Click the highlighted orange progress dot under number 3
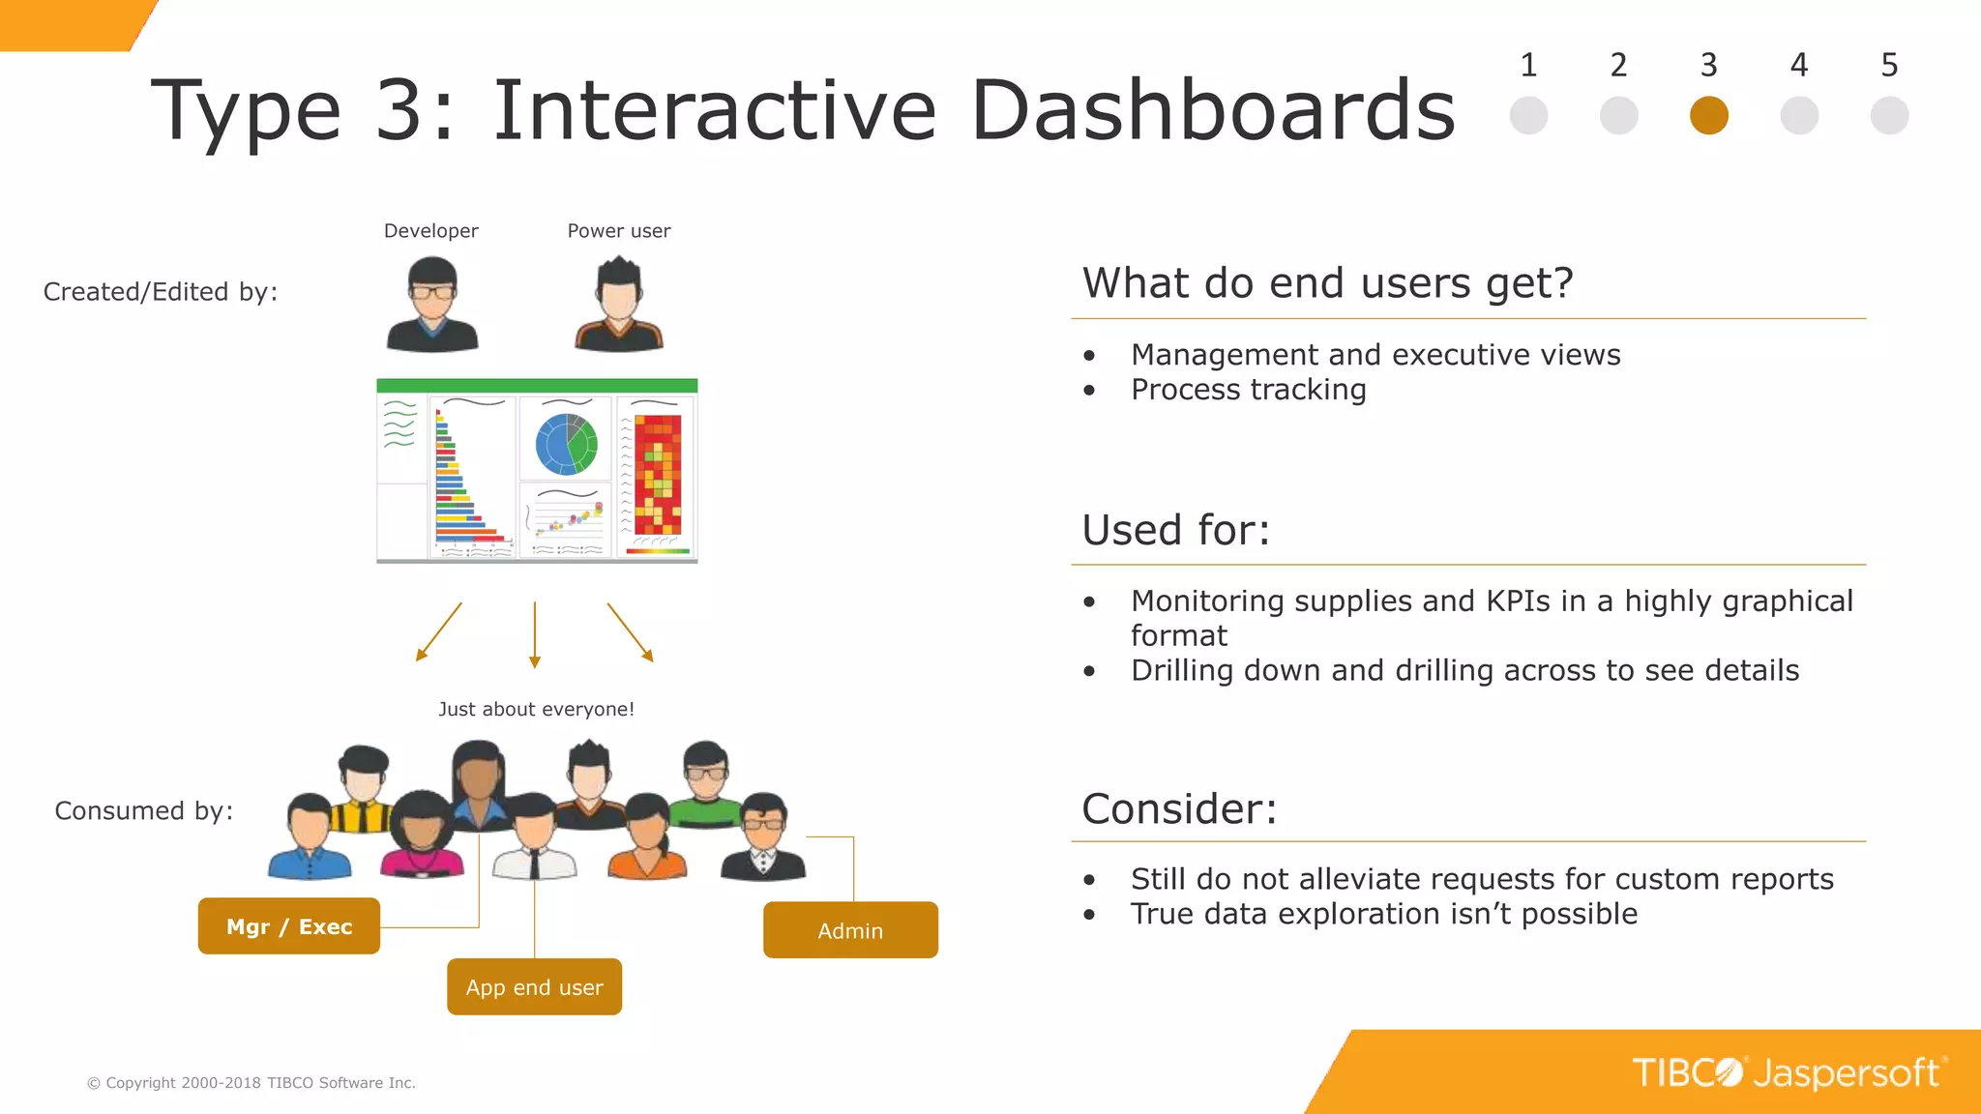(x=1708, y=115)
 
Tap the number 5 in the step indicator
(x=1888, y=65)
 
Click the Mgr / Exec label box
(x=288, y=925)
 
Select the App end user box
(x=534, y=986)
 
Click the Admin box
(x=850, y=930)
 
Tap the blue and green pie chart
(x=566, y=444)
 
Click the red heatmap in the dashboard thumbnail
(x=658, y=474)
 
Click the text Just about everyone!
(x=536, y=709)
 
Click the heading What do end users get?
(x=1327, y=283)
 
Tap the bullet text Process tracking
(x=1248, y=390)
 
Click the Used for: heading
(x=1175, y=530)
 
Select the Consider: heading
(x=1179, y=808)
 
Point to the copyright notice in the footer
(x=251, y=1083)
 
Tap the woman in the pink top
(x=421, y=836)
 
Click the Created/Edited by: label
(x=161, y=292)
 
